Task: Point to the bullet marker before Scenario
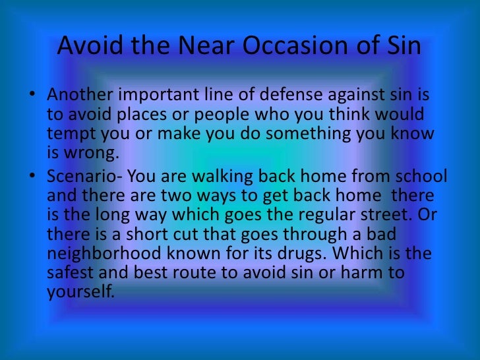click(32, 178)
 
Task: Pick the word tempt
click(69, 134)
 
